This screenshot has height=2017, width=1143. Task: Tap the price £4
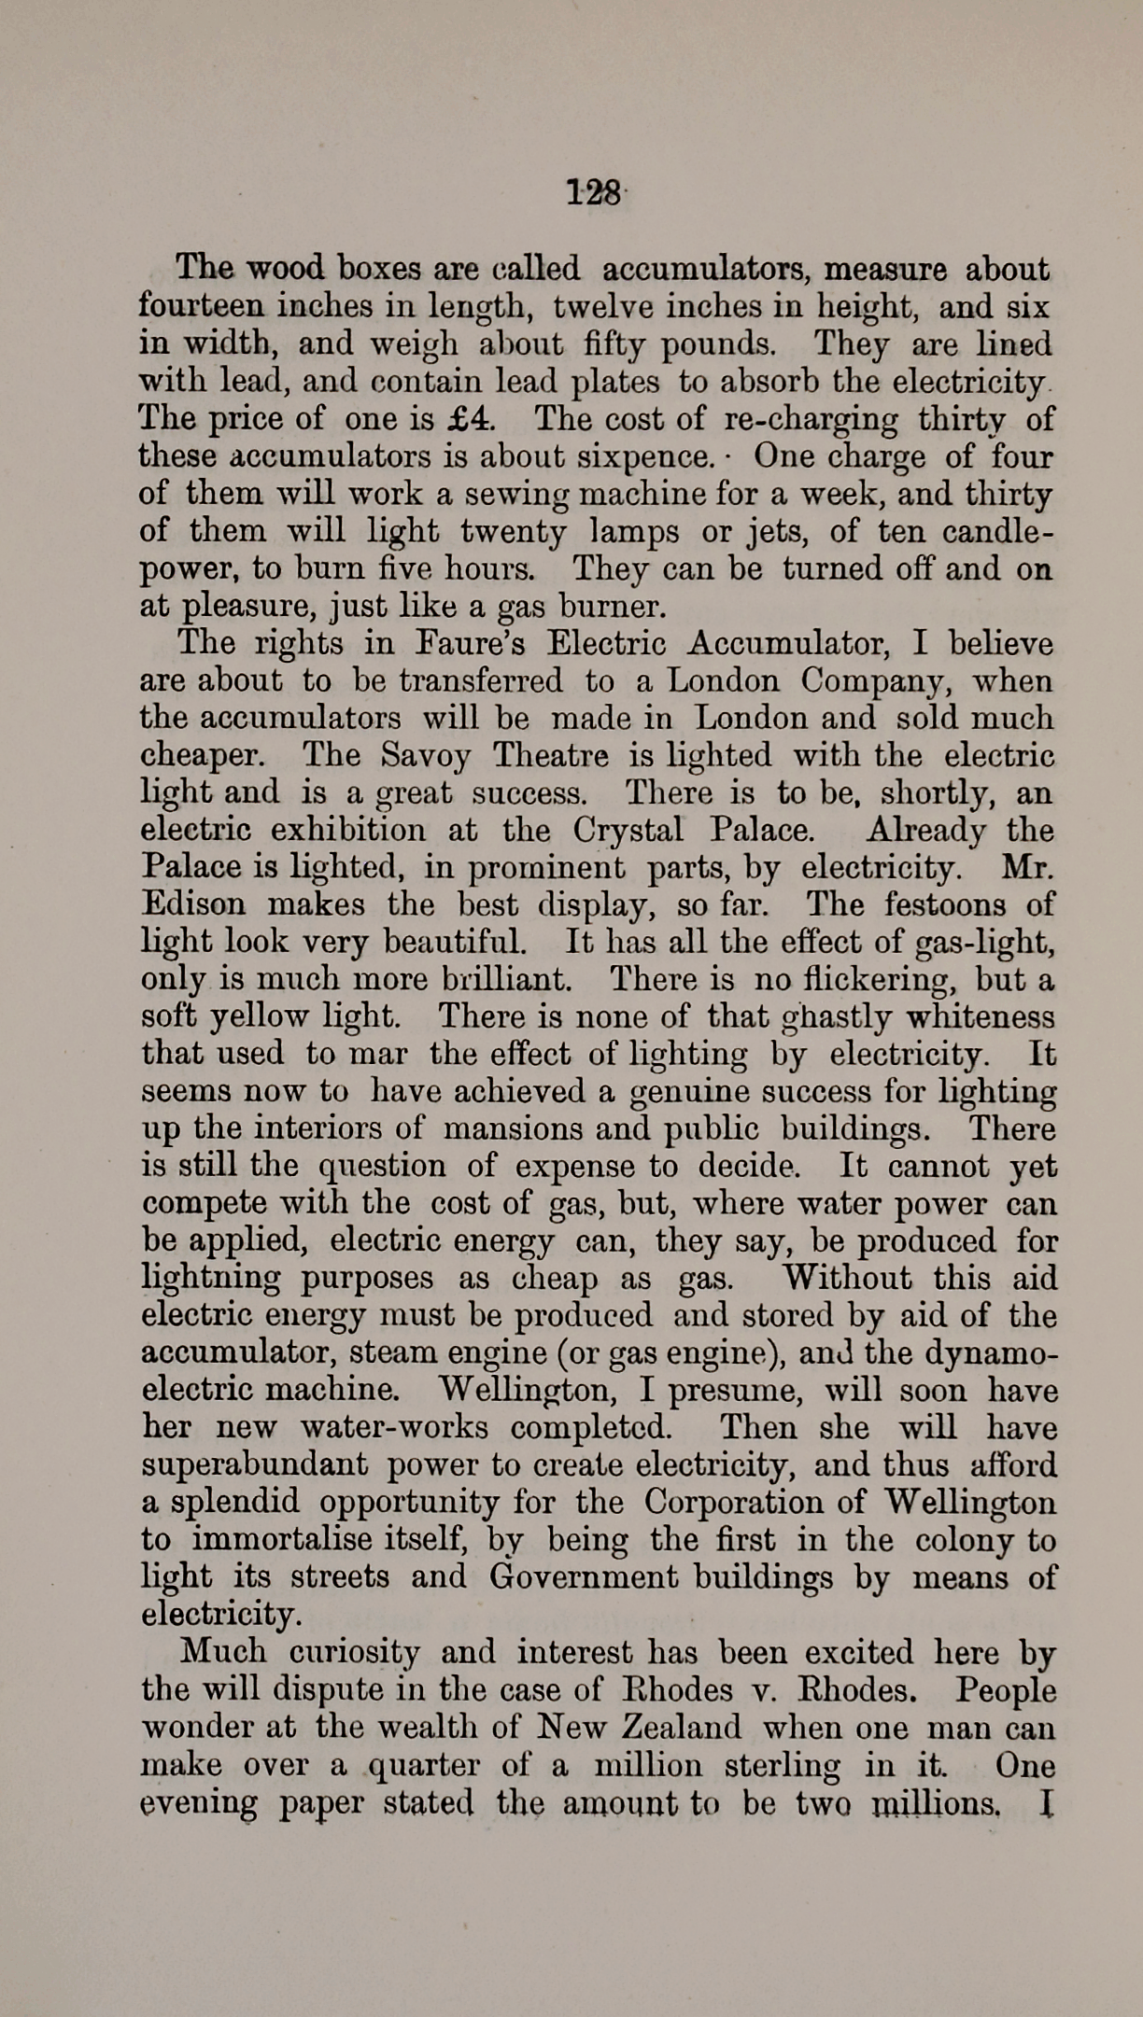[x=469, y=418]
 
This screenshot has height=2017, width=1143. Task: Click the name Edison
[x=194, y=904]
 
